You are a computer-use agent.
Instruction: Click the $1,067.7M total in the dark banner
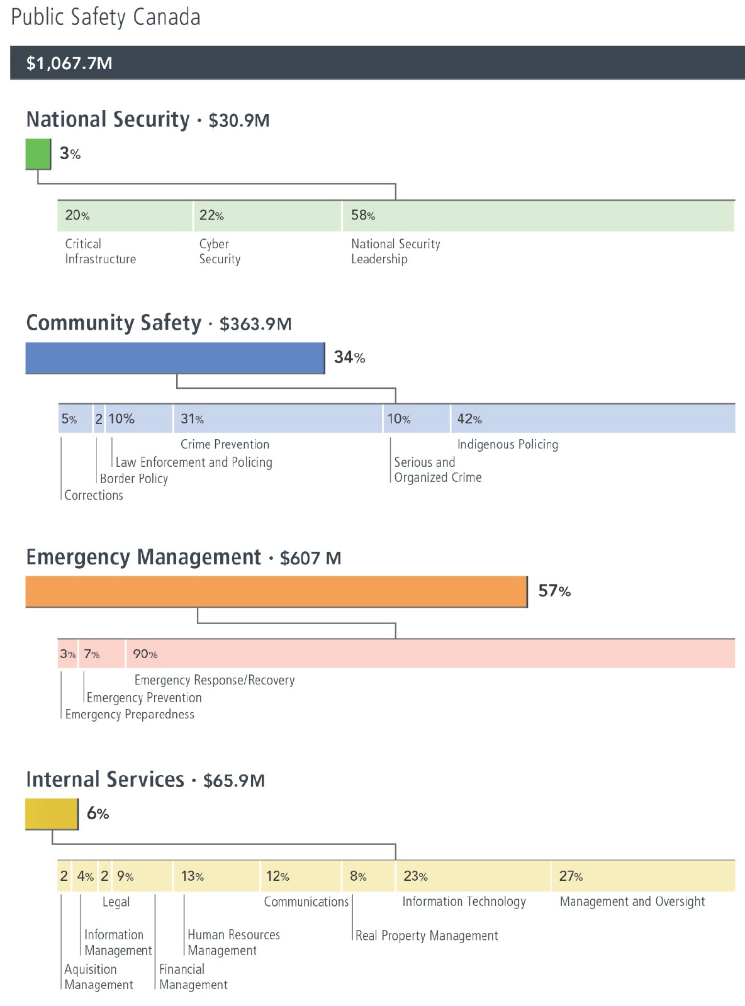click(69, 63)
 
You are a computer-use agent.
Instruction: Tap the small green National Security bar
click(38, 154)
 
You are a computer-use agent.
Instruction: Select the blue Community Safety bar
click(175, 358)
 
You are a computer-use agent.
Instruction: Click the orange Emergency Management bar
click(276, 591)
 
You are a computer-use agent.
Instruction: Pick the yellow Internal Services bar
click(52, 814)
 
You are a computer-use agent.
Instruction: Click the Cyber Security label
click(220, 252)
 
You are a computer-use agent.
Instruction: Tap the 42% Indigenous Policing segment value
click(469, 419)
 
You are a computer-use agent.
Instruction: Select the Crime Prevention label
click(225, 444)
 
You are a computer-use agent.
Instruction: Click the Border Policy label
click(134, 479)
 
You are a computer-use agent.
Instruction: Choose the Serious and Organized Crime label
click(437, 469)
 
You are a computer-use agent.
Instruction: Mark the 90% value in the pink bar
click(145, 654)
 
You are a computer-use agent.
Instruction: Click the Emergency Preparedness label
click(130, 714)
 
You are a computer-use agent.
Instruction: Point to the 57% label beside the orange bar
click(554, 591)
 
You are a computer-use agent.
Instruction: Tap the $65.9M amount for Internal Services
click(234, 781)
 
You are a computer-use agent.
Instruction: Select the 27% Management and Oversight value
click(571, 876)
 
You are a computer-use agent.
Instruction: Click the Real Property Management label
click(427, 936)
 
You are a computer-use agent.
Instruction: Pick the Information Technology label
click(464, 902)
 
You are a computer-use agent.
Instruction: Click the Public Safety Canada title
click(106, 17)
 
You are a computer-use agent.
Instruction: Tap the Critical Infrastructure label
click(100, 252)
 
